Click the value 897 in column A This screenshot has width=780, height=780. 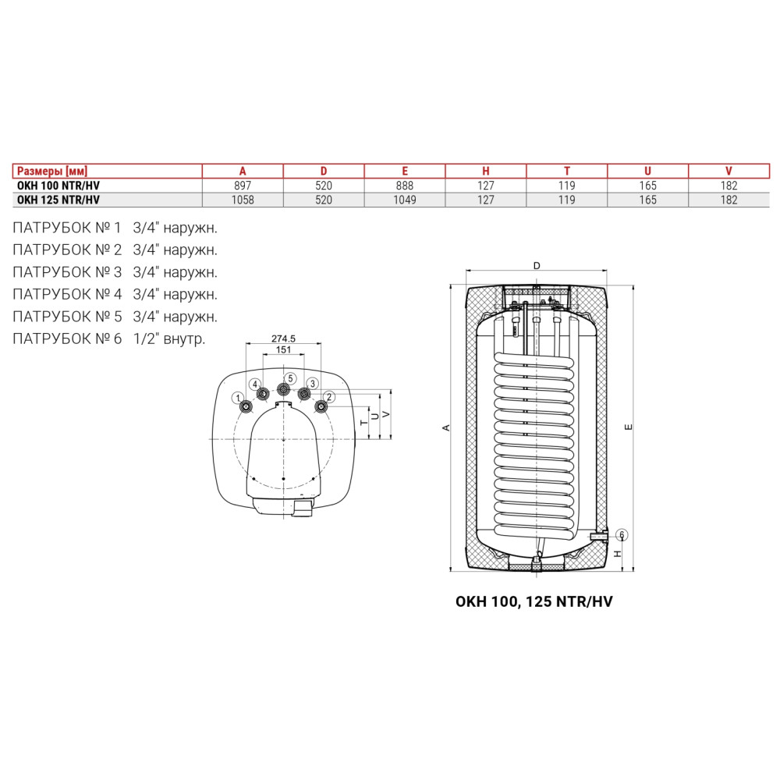pyautogui.click(x=243, y=186)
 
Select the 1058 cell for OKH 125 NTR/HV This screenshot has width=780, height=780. pyautogui.click(x=243, y=200)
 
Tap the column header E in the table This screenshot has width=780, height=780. pyautogui.click(x=405, y=171)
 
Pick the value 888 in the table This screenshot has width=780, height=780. pyautogui.click(x=405, y=186)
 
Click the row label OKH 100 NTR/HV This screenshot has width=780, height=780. pyautogui.click(x=58, y=186)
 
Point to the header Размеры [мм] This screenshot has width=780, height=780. pyautogui.click(x=52, y=171)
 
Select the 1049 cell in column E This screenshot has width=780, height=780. pyautogui.click(x=405, y=200)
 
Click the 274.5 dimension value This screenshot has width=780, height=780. pyautogui.click(x=284, y=339)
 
